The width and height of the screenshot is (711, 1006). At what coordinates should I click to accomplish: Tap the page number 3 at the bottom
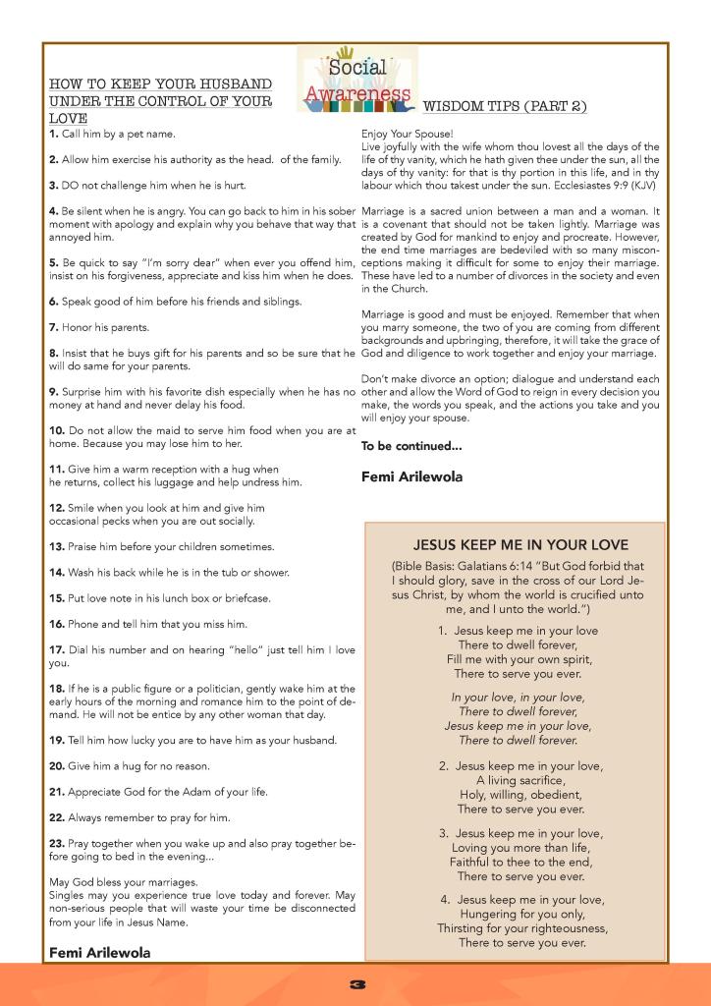point(355,984)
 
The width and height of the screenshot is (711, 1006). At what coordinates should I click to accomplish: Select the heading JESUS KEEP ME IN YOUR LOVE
point(520,544)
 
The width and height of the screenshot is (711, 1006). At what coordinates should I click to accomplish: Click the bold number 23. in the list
point(57,843)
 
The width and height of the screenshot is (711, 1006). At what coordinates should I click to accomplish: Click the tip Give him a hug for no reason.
point(129,765)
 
